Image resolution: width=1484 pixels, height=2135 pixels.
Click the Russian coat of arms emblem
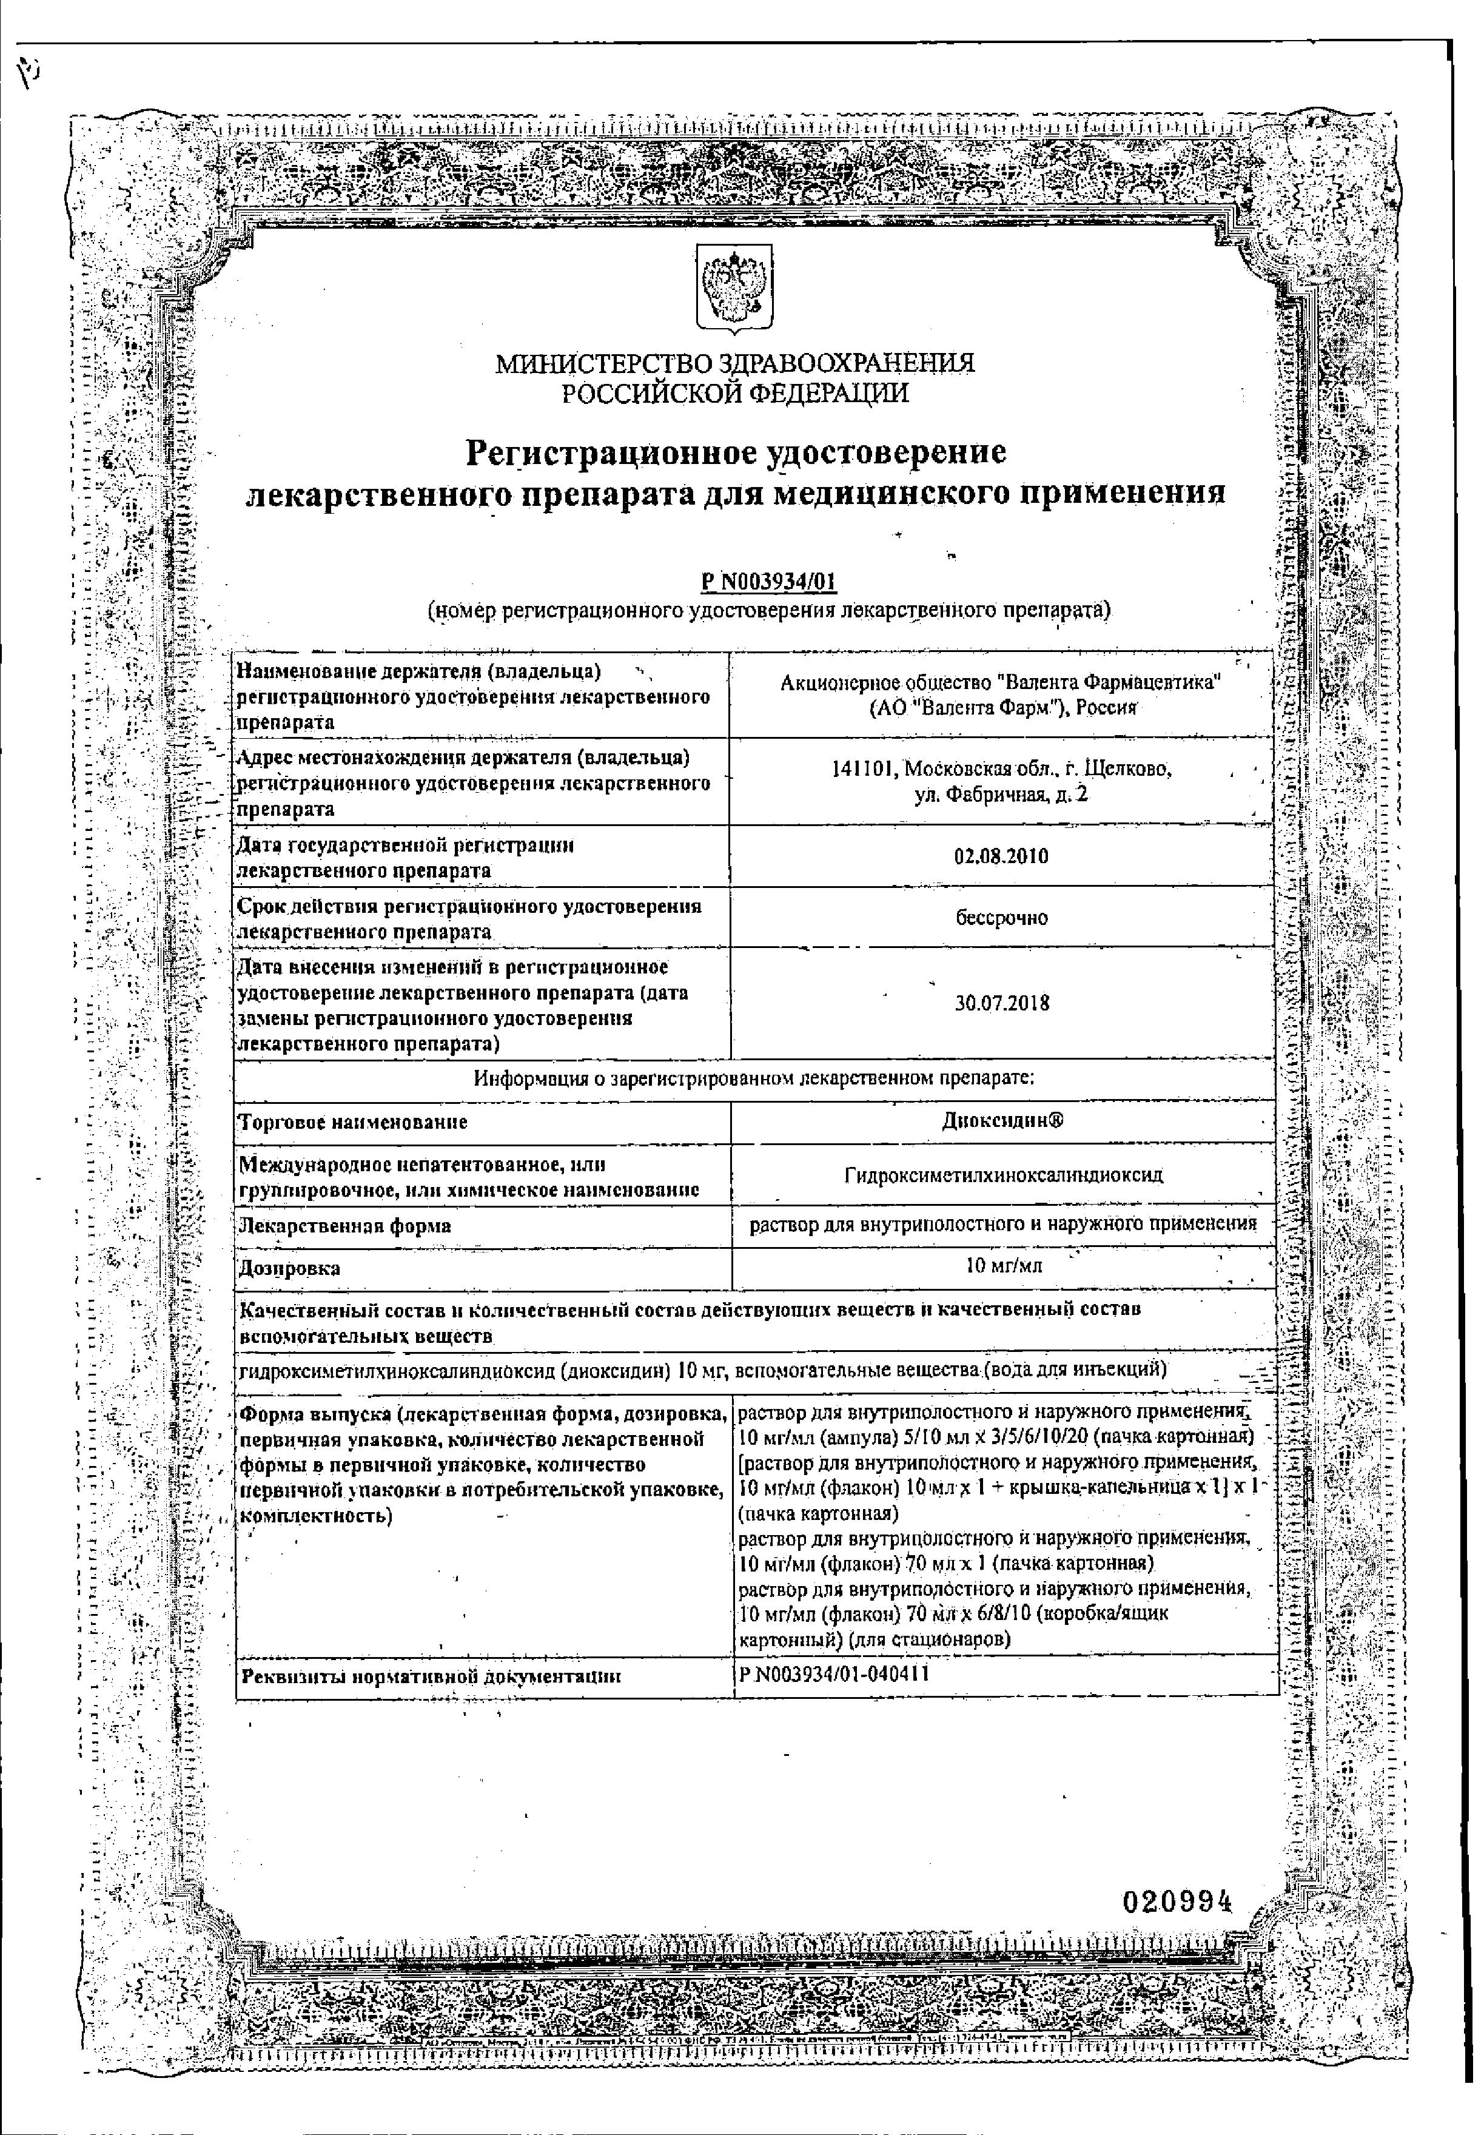tap(734, 289)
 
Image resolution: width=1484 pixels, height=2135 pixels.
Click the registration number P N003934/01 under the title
tap(769, 582)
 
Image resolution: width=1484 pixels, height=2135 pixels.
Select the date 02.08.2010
tap(1001, 856)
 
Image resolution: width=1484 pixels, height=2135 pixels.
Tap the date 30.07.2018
tap(1002, 1003)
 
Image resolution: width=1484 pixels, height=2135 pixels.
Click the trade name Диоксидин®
tap(1002, 1120)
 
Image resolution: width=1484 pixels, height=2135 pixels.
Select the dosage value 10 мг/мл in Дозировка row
tap(1004, 1266)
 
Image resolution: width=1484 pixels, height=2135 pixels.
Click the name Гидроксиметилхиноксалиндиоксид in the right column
tap(1003, 1175)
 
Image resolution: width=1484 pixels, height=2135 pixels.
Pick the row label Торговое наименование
tap(354, 1122)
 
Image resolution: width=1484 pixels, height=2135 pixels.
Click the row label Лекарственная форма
tap(345, 1226)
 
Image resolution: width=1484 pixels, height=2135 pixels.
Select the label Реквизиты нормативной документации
tap(431, 1676)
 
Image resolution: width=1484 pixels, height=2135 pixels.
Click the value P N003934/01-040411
tap(834, 1675)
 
